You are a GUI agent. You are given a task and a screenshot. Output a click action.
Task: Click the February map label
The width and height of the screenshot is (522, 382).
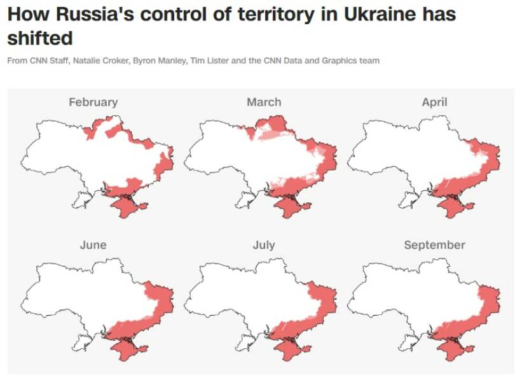pyautogui.click(x=93, y=102)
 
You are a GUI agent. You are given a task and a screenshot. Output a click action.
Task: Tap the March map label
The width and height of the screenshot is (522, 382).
pyautogui.click(x=264, y=102)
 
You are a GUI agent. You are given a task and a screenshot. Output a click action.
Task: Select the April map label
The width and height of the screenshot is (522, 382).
pyautogui.click(x=434, y=102)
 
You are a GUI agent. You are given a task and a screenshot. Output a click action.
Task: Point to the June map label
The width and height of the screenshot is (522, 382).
pyautogui.click(x=93, y=245)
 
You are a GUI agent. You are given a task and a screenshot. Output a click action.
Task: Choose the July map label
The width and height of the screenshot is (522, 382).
pyautogui.click(x=264, y=245)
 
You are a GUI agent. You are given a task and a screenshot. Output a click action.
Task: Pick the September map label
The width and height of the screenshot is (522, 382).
pyautogui.click(x=434, y=245)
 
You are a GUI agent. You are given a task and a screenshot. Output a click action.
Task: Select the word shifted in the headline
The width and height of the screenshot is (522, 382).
pyautogui.click(x=39, y=38)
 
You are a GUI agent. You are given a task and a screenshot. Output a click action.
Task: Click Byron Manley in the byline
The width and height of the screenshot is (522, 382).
pyautogui.click(x=153, y=61)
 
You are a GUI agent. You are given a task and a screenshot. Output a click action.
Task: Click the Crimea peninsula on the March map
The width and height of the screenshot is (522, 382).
pyautogui.click(x=293, y=206)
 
